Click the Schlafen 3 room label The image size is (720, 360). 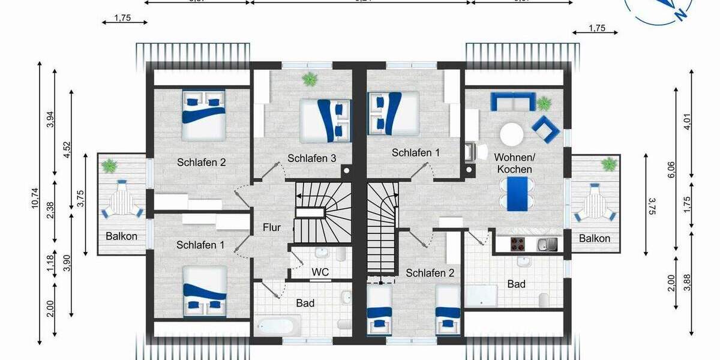point(311,158)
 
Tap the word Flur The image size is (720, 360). point(272,228)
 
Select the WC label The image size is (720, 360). point(320,272)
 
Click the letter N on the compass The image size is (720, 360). point(681,13)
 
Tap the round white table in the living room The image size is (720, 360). point(512,134)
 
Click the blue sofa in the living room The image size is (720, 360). point(513,101)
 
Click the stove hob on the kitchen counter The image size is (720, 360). point(518,244)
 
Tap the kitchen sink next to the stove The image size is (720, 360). point(547,244)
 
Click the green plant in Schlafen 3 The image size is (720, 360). point(310,79)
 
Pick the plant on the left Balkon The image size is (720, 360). point(110,165)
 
